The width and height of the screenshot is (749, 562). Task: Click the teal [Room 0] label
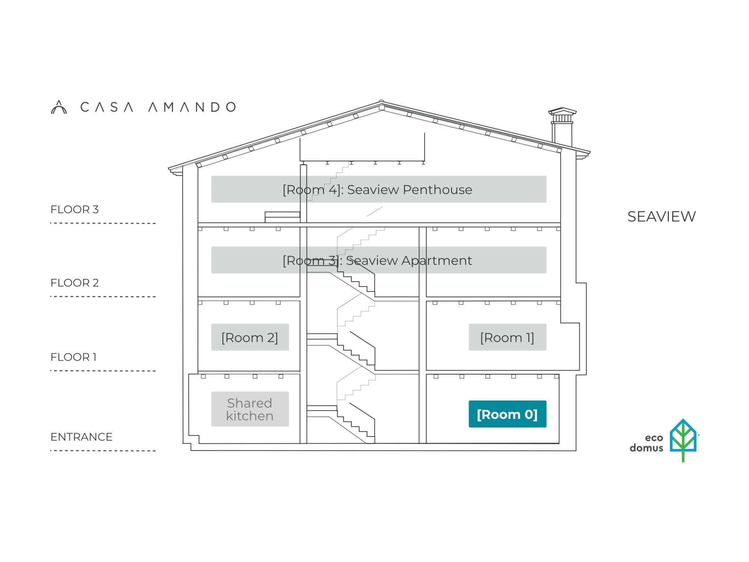click(x=507, y=414)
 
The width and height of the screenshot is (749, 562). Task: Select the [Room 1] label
click(x=507, y=337)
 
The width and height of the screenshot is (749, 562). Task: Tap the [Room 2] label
click(x=250, y=337)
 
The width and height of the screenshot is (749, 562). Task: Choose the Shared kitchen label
click(x=250, y=409)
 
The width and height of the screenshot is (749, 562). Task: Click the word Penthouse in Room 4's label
click(x=437, y=190)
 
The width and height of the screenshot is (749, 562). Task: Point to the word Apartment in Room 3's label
click(x=437, y=261)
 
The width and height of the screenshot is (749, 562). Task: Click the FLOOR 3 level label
click(x=75, y=209)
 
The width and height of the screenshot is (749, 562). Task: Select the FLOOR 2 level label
click(x=75, y=283)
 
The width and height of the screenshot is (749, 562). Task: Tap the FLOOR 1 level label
click(x=74, y=357)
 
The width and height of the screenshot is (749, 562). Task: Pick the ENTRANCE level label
click(x=82, y=437)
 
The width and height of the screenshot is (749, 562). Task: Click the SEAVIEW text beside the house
click(x=662, y=217)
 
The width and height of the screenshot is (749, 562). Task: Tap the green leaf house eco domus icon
click(x=683, y=440)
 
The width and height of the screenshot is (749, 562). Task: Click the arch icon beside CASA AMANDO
click(x=59, y=107)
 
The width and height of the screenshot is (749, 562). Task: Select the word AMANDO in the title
click(x=192, y=107)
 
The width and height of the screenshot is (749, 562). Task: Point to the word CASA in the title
click(x=107, y=107)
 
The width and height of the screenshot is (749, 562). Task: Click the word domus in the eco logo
click(x=646, y=448)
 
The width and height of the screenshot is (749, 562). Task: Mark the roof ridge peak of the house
click(x=381, y=101)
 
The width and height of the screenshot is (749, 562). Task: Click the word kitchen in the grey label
click(x=250, y=416)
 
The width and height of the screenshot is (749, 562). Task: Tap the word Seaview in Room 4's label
click(x=373, y=190)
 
